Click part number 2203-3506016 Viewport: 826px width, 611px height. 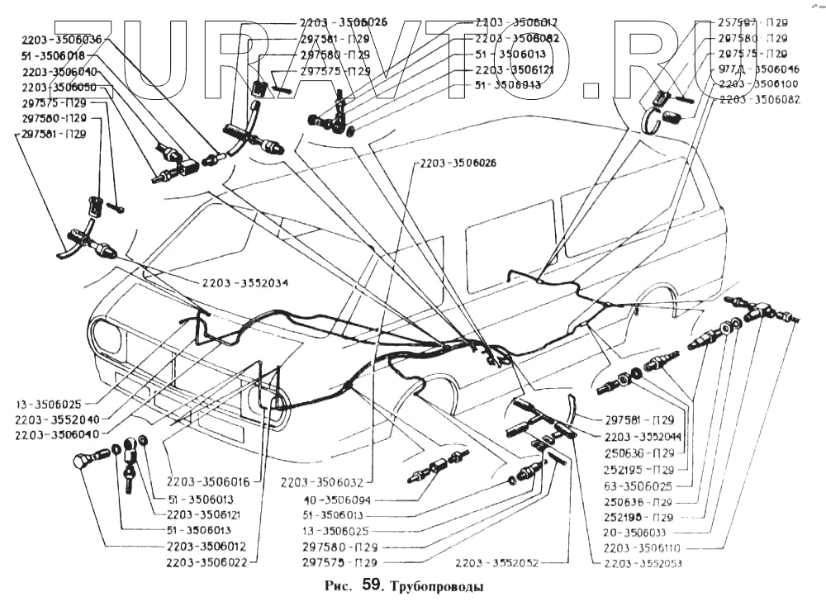point(210,481)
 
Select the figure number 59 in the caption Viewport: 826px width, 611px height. point(372,587)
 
